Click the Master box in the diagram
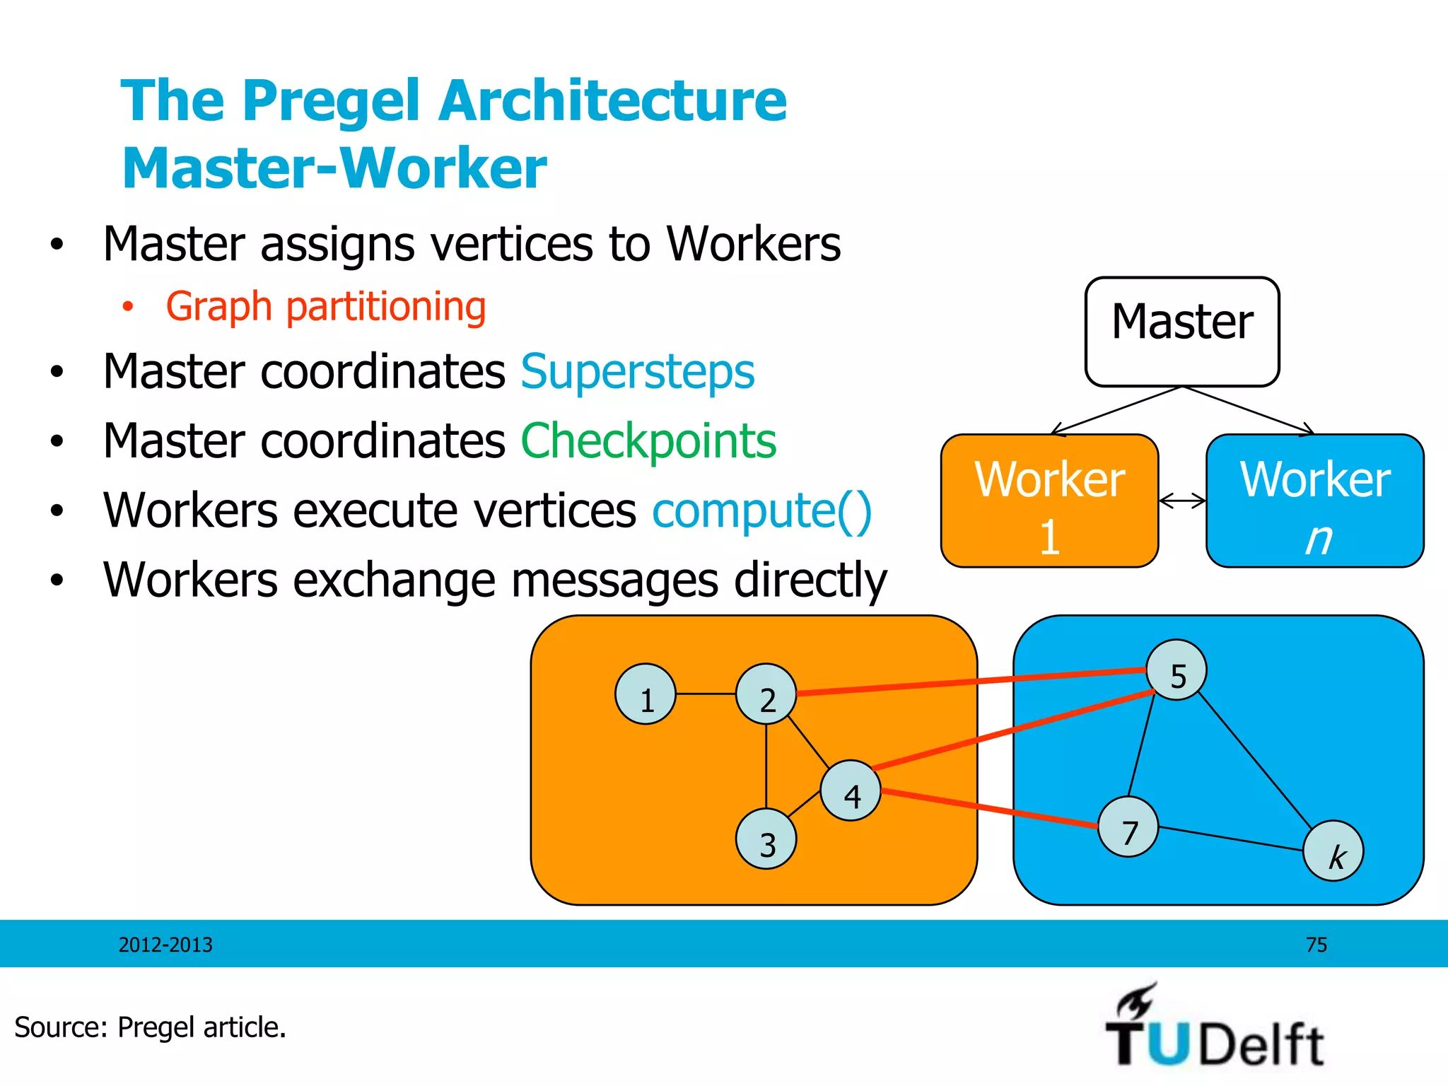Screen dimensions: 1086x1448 coord(1182,332)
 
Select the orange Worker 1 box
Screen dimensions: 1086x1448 coord(1049,501)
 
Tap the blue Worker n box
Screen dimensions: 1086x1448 coord(1314,501)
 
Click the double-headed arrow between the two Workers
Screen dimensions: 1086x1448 coord(1182,501)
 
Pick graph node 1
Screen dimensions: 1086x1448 coord(646,694)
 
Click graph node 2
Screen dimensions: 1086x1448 coord(766,694)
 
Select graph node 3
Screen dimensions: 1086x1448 coord(766,839)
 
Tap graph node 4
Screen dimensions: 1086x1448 coord(851,790)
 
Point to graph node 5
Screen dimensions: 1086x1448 coord(1176,670)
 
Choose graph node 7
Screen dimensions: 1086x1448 coord(1128,827)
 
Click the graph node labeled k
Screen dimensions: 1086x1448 coord(1333,851)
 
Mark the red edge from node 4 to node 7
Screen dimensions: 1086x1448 coord(990,808)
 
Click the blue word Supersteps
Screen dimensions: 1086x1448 coord(638,372)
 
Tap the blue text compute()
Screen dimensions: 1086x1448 coord(761,510)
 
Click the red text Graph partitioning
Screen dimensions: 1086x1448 coord(326,307)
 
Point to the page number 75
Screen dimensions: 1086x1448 coord(1316,945)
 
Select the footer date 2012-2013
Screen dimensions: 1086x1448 coord(165,945)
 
